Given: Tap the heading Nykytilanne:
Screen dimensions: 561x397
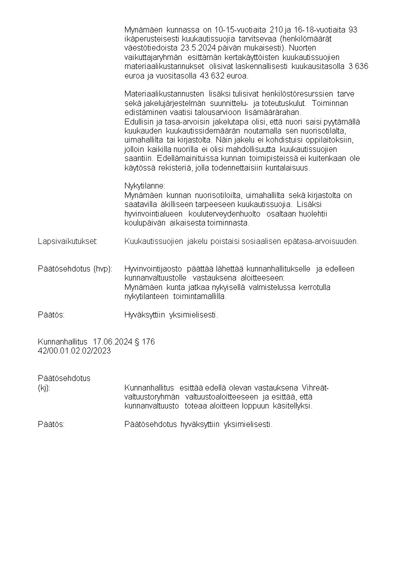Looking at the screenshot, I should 145,185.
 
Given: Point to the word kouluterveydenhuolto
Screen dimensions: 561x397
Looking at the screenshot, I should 214,213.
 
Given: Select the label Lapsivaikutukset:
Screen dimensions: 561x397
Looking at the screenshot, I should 67,241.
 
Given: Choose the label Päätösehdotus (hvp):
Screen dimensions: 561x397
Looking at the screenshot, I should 74,268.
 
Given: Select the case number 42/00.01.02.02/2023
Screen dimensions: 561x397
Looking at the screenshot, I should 74,351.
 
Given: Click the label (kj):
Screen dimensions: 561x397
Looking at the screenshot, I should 44,387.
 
